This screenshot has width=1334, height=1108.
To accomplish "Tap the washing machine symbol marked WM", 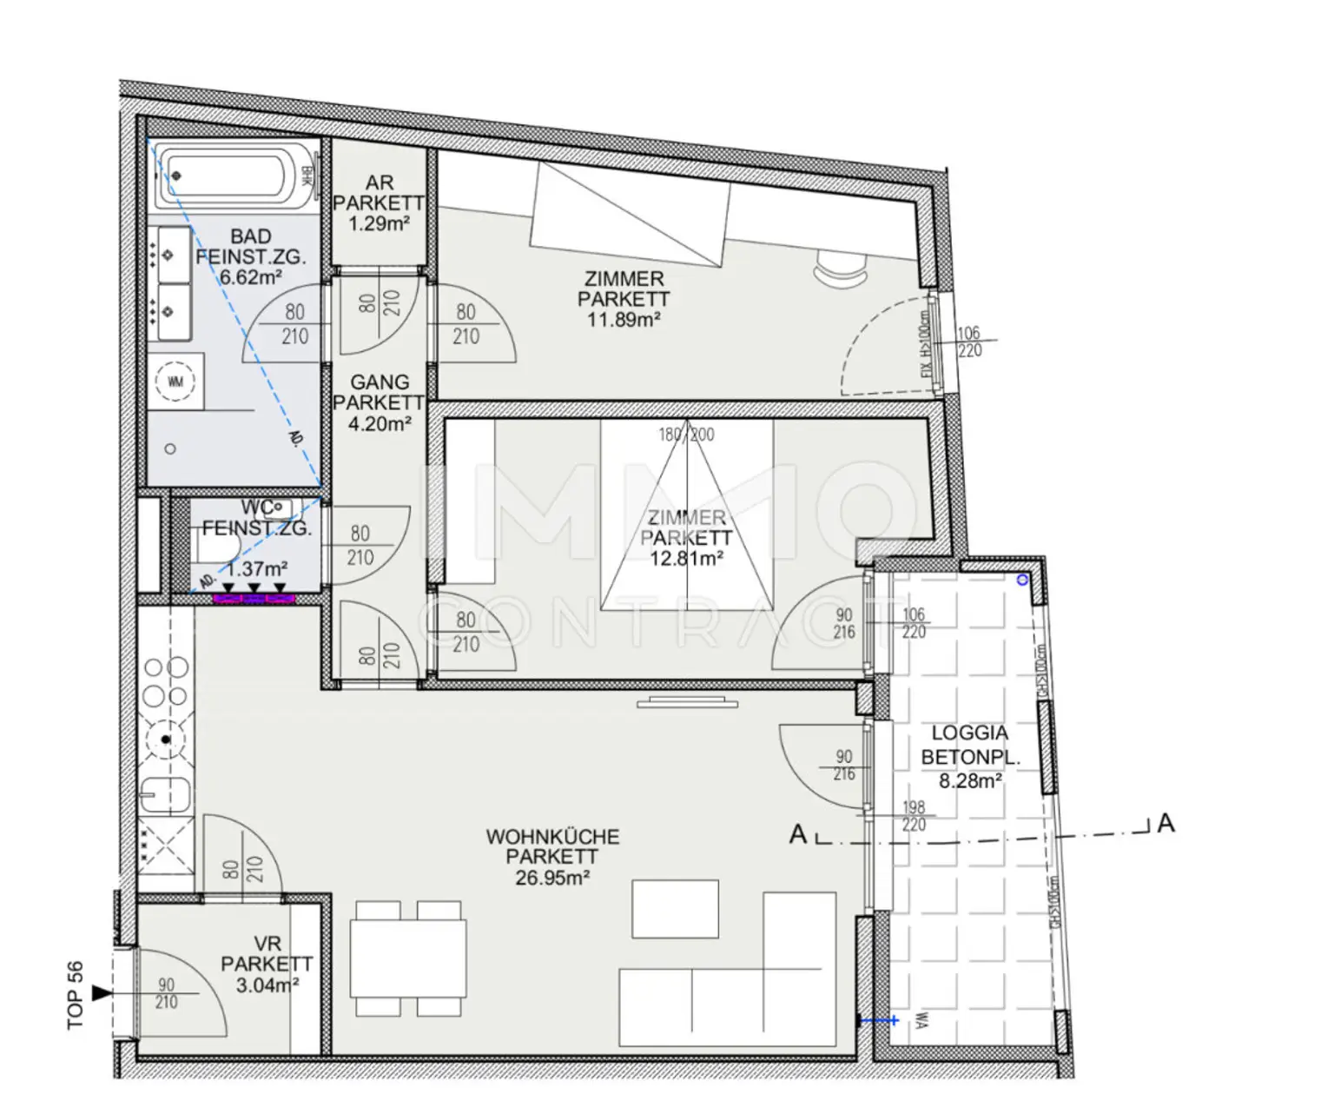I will [x=175, y=381].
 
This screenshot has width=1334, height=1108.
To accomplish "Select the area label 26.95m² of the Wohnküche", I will [x=552, y=878].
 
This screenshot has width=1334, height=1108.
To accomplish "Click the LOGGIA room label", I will [x=970, y=733].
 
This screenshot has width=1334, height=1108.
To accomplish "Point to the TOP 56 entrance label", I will [x=76, y=995].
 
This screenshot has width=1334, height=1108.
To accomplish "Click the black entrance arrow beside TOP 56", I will [x=102, y=992].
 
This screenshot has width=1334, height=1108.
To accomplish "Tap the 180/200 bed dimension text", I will [x=686, y=435].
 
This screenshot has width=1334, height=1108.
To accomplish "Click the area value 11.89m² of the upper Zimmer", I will [x=624, y=320].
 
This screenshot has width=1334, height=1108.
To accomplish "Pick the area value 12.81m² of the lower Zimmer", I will [x=686, y=558].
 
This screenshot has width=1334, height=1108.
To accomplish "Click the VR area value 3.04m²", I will [x=267, y=985].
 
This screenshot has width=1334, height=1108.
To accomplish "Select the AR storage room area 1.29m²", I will [x=380, y=223].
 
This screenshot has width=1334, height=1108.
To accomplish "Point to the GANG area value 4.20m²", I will [x=380, y=424].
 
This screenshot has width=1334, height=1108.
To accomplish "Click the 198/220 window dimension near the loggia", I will [x=914, y=816].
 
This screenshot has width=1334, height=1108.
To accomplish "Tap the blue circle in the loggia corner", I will [x=1022, y=580].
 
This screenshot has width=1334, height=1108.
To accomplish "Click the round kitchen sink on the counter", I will [x=166, y=740].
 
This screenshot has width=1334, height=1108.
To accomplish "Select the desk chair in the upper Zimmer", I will [x=839, y=265].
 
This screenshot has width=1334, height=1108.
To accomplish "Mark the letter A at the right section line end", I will [x=1166, y=823].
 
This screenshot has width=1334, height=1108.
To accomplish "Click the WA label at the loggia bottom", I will [x=918, y=1022].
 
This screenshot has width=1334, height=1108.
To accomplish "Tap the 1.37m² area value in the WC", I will [x=258, y=569].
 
